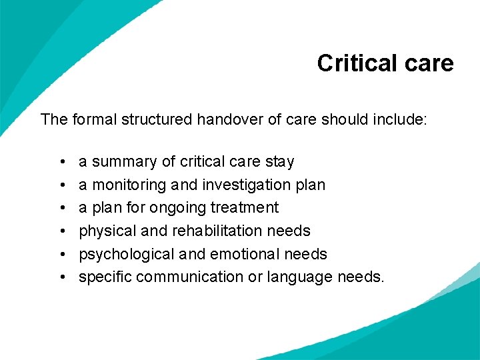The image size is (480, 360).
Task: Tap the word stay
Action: pyautogui.click(x=279, y=162)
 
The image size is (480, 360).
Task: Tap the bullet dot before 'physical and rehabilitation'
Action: pyautogui.click(x=61, y=231)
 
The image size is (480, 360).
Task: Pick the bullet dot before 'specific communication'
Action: pyautogui.click(x=61, y=277)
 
